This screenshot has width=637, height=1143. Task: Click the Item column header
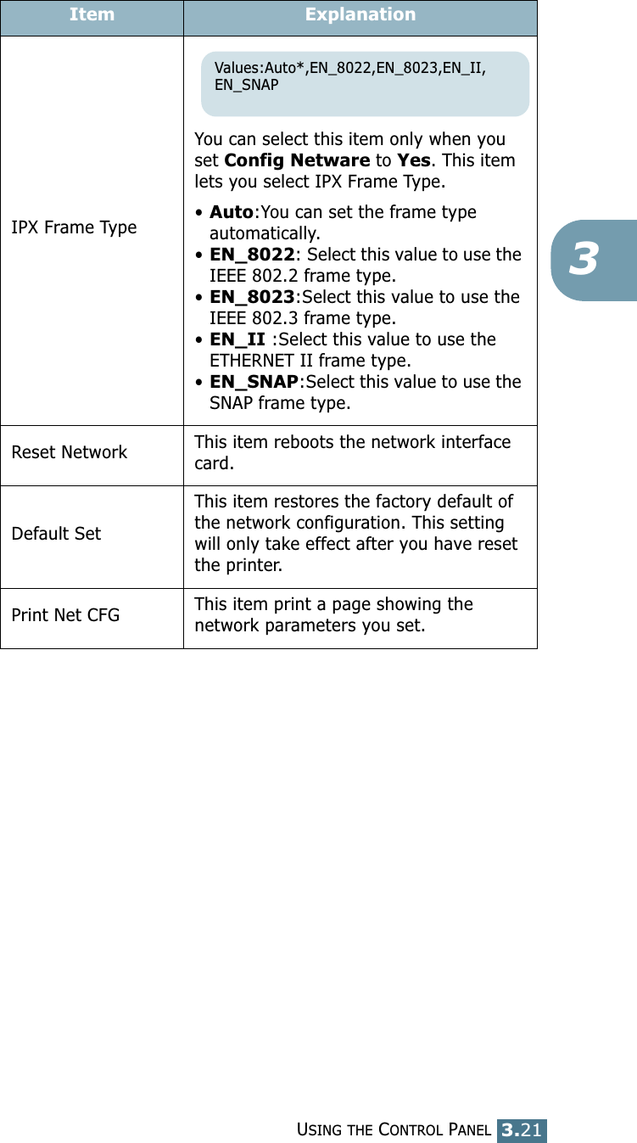click(x=92, y=14)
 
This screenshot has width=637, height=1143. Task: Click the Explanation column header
click(x=360, y=14)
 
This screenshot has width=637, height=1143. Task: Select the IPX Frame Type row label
click(x=74, y=227)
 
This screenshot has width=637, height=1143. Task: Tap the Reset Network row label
click(x=70, y=452)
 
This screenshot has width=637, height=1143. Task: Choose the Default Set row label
click(x=56, y=534)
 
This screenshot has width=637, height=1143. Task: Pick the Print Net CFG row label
click(x=65, y=614)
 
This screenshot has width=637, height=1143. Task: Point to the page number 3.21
click(x=522, y=1129)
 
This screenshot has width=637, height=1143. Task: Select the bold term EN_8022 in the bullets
click(x=252, y=255)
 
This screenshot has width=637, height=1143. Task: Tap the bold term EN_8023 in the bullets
click(x=252, y=297)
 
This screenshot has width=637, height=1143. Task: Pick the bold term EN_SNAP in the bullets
click(x=254, y=382)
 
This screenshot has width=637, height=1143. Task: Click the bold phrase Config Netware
click(x=297, y=161)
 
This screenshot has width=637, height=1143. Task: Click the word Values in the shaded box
click(x=239, y=68)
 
